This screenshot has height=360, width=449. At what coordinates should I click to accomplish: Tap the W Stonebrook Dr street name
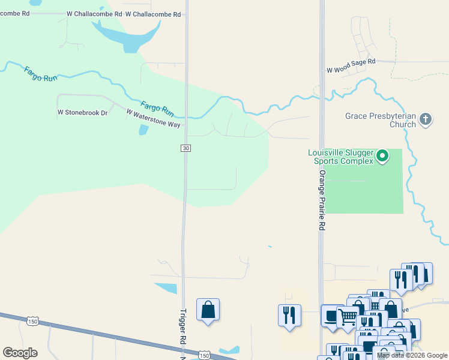pos(82,112)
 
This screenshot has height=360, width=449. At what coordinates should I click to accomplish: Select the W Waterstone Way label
pos(153,118)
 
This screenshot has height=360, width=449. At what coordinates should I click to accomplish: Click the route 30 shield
pos(186,148)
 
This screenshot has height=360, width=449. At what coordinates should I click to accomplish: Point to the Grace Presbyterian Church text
pos(381,120)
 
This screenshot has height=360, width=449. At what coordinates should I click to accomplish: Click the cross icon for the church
pos(426,119)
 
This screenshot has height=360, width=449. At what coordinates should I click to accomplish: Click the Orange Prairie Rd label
pos(322,200)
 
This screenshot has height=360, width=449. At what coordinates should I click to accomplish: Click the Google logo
pos(20,353)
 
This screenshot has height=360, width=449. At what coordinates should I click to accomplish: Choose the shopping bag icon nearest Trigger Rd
pos(208,310)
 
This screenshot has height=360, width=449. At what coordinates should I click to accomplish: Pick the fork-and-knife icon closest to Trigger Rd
pos(289,316)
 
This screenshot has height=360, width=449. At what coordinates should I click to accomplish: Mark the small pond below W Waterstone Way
pos(143,130)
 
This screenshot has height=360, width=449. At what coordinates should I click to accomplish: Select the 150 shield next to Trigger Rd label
pos(205,356)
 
